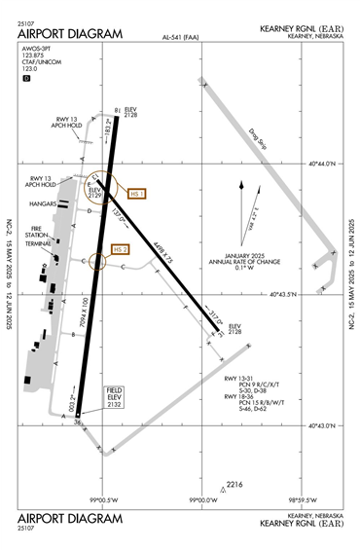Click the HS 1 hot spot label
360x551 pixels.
tap(136, 194)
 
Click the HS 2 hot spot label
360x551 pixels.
tap(121, 249)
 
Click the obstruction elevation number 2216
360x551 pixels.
tap(234, 484)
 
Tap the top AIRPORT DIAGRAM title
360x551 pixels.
tap(70, 34)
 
